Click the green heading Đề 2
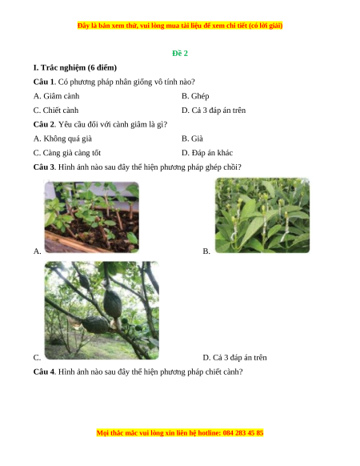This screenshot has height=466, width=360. tap(180, 53)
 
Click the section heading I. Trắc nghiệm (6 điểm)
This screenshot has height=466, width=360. tap(75, 68)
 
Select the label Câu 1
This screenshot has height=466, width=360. tap(44, 82)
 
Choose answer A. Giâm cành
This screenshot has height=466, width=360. tap(57, 96)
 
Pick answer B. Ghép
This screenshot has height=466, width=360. tap(195, 96)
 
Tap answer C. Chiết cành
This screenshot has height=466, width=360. tap(56, 110)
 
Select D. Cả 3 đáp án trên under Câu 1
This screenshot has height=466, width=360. tap(214, 110)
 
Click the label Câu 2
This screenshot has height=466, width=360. tap(44, 124)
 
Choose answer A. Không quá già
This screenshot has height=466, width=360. tap(62, 139)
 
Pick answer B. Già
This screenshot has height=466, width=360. tap(192, 139)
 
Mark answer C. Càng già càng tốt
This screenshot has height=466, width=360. tap(67, 153)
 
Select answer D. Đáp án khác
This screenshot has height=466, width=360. tap(207, 153)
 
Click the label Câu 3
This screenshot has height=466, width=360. tap(44, 167)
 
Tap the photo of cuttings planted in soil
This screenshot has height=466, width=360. tap(92, 217)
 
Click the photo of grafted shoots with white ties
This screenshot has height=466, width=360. tap(262, 215)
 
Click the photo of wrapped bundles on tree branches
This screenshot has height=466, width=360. tap(102, 311)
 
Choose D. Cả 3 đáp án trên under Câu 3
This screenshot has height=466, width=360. tap(234, 358)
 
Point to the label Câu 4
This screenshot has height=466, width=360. tap(44, 372)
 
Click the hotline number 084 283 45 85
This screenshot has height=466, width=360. tap(243, 432)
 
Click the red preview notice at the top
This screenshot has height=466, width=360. tap(180, 26)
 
